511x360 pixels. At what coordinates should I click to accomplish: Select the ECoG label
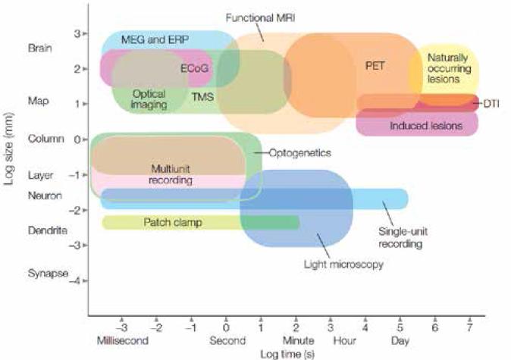coord(195,68)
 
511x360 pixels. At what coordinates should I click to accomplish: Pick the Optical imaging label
coord(149,99)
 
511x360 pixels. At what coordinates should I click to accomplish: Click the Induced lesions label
coord(425,125)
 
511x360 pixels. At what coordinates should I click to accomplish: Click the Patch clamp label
coord(171,222)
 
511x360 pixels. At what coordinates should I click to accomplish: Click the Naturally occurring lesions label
coord(447,68)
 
